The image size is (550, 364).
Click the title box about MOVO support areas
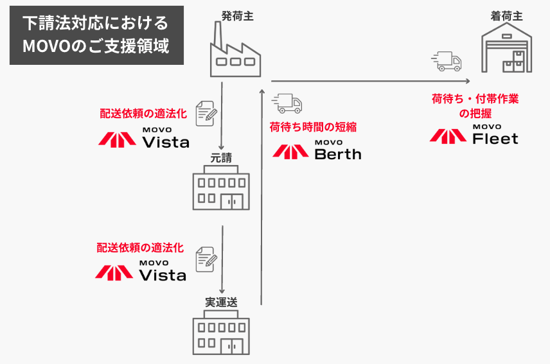tap(96, 35)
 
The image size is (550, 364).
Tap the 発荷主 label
tap(237, 15)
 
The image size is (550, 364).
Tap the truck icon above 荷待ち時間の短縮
tap(287, 103)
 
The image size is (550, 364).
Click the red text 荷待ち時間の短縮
tap(313, 126)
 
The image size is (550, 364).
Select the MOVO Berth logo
tap(317, 150)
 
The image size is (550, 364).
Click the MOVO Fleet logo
tap(474, 135)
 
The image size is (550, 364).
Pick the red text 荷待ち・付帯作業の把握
tap(475, 106)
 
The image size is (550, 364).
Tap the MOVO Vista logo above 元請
tap(144, 137)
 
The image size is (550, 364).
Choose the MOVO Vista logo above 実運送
tap(141, 272)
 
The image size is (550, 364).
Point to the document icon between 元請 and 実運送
tap(206, 257)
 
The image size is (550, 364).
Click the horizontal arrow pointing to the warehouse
tap(369, 81)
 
